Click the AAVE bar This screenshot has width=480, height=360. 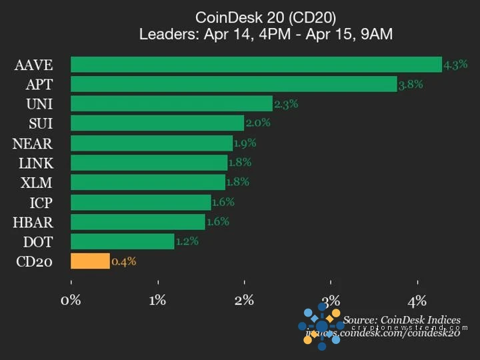point(256,65)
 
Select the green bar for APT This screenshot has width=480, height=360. point(233,84)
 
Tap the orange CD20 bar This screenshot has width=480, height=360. point(90,261)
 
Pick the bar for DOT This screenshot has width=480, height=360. point(122,241)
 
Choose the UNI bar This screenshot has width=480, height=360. point(171,104)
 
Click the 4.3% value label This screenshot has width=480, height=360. point(455,65)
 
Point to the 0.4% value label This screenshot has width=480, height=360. point(124,261)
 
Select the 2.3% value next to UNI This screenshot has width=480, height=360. point(285,104)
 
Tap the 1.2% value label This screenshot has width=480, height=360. point(187,241)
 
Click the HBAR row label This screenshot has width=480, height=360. point(34,222)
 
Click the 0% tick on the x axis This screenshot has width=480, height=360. point(71,300)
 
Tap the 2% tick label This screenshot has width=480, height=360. point(244,300)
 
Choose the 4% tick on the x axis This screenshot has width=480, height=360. point(418,300)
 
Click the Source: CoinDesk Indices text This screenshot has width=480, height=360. point(401,320)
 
